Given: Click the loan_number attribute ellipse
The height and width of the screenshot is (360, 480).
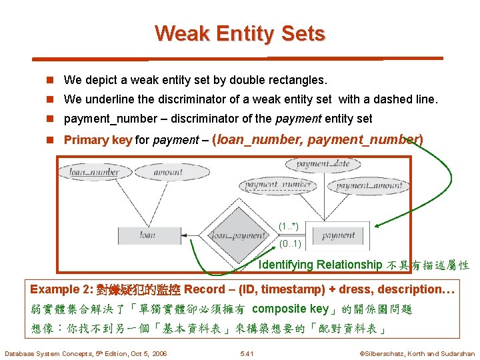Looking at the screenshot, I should (95, 172).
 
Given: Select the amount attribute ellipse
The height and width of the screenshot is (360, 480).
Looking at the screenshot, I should (167, 172).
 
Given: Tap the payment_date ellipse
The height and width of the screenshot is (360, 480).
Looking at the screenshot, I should (322, 164).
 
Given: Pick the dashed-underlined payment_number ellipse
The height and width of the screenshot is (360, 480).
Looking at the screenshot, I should (278, 185).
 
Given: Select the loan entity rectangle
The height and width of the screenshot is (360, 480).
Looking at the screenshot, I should (147, 235).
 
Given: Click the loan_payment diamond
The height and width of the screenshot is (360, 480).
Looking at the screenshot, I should (238, 235).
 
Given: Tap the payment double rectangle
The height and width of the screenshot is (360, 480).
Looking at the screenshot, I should (338, 235).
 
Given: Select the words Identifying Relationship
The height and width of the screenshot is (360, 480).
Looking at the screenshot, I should (320, 265).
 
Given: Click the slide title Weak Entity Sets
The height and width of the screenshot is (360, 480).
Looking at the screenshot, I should (239, 33).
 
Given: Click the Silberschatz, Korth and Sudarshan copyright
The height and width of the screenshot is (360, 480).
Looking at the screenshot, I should (417, 353).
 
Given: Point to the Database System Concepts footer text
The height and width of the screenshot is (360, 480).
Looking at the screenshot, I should (85, 353).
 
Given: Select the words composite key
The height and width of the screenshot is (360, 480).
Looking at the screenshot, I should (291, 309).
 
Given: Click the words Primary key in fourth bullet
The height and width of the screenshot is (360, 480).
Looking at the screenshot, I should (97, 140).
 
